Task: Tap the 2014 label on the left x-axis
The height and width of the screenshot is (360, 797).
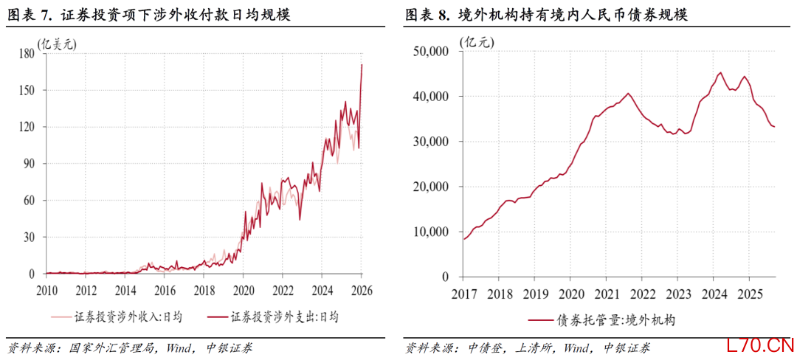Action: tap(125, 288)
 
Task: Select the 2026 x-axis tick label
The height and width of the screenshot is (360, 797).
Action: tap(362, 288)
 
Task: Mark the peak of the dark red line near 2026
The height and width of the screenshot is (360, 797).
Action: tap(362, 65)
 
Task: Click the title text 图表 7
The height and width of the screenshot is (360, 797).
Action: tap(27, 15)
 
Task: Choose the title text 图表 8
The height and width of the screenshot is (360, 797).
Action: tap(426, 15)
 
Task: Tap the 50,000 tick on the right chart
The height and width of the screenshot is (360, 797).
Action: tap(432, 51)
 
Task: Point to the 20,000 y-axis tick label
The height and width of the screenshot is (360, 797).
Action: tap(432, 187)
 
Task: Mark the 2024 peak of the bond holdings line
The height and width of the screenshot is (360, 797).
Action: tap(720, 72)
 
